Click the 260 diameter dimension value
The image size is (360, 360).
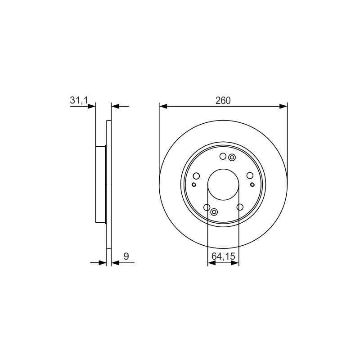click(x=223, y=100)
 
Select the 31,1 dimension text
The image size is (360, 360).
click(x=79, y=100)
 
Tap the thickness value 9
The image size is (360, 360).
click(x=126, y=256)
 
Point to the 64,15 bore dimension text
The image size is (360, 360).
click(x=223, y=256)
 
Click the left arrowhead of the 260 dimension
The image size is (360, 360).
click(x=163, y=106)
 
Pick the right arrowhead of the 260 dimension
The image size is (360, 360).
click(x=283, y=106)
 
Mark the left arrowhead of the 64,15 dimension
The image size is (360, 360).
click(x=211, y=263)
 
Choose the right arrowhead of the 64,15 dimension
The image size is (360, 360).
click(x=235, y=263)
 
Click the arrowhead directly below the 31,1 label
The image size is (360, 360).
click(x=91, y=106)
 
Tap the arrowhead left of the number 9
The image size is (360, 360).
click(x=115, y=263)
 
